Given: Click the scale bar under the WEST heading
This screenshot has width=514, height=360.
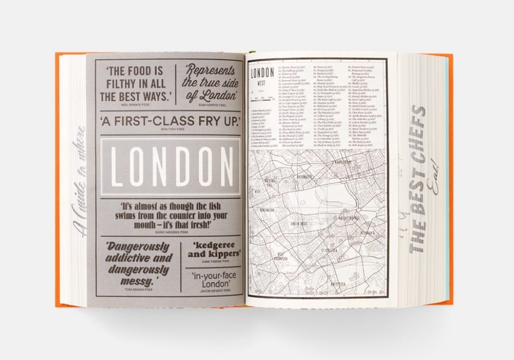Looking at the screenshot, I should (x=262, y=98).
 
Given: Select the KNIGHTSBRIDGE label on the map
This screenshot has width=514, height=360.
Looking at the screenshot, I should (x=353, y=217).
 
